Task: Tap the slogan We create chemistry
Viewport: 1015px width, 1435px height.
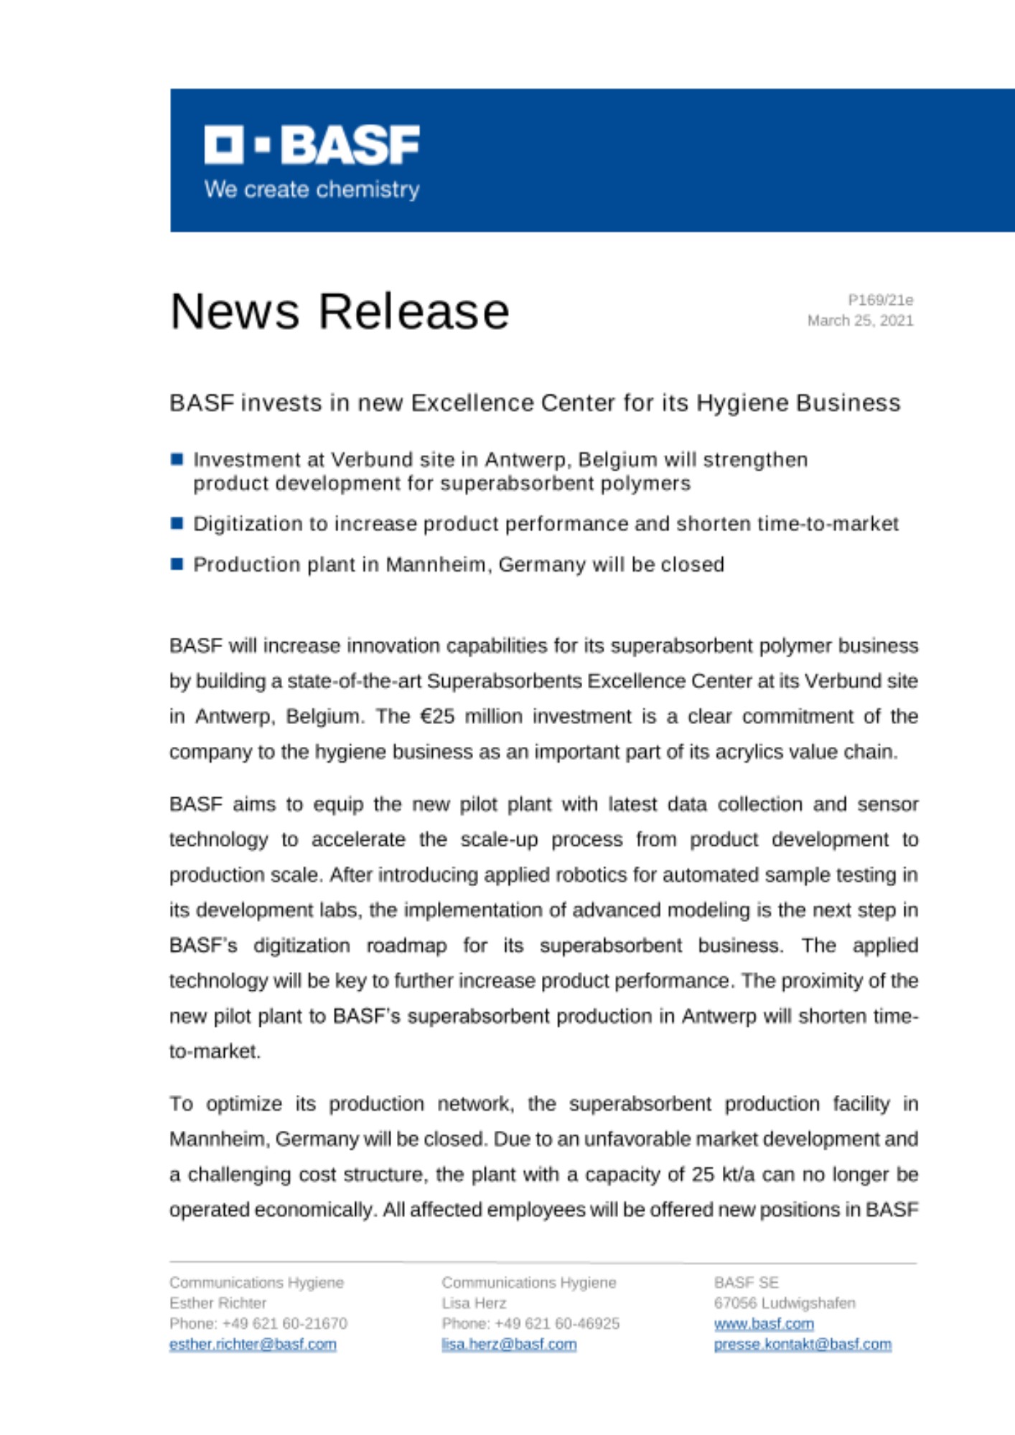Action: coord(312,189)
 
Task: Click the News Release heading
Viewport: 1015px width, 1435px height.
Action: coord(340,311)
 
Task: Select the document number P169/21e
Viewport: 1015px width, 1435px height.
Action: coord(880,300)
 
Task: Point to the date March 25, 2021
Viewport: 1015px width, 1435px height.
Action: coord(860,320)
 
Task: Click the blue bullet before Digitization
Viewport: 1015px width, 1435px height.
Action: coord(177,523)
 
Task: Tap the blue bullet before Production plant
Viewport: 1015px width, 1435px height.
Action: coord(177,564)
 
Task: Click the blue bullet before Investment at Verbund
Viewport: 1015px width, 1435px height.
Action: coord(177,459)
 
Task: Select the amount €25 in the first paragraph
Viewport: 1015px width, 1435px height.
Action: coord(437,716)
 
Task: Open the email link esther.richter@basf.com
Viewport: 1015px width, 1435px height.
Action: coord(253,1344)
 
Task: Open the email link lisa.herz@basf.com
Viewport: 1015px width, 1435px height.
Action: coord(509,1344)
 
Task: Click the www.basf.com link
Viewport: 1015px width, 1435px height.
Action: coord(764,1323)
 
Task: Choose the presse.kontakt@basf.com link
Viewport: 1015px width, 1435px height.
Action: coord(803,1344)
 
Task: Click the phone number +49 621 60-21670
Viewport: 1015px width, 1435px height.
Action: coord(284,1323)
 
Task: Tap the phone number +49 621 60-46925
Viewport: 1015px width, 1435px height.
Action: coord(556,1323)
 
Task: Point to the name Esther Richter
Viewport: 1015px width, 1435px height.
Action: coord(217,1303)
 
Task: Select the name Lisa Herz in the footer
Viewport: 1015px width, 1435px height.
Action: coord(474,1303)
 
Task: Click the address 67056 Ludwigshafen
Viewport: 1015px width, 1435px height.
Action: coord(785,1303)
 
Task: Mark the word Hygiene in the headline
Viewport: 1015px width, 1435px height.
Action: coord(742,403)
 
